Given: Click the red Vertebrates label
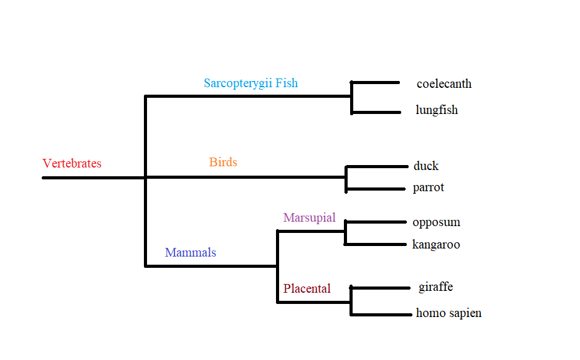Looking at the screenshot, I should click(x=72, y=164).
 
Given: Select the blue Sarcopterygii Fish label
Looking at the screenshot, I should click(x=250, y=83).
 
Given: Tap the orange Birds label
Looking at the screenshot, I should click(x=223, y=163).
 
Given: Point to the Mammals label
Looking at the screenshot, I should click(x=190, y=252).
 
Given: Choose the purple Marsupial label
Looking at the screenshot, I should click(x=309, y=217).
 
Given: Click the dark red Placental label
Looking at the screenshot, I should click(x=307, y=288).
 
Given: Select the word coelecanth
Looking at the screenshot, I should click(x=444, y=83).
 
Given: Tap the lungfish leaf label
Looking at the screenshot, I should click(x=436, y=110).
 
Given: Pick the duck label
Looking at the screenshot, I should click(x=425, y=166).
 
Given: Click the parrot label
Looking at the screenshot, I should click(x=428, y=187).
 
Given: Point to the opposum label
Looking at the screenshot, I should click(x=436, y=222).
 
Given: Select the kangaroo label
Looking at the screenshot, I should click(x=435, y=245).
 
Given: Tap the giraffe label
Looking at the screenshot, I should click(x=435, y=287).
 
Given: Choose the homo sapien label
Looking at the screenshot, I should click(x=449, y=313).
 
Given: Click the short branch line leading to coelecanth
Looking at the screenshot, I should click(x=376, y=82).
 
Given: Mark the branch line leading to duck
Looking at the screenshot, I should click(x=377, y=166).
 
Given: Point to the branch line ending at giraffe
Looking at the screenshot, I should click(x=381, y=287).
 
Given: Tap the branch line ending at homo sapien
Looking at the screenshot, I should click(x=381, y=315).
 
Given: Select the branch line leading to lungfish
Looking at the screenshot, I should click(x=376, y=113).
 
